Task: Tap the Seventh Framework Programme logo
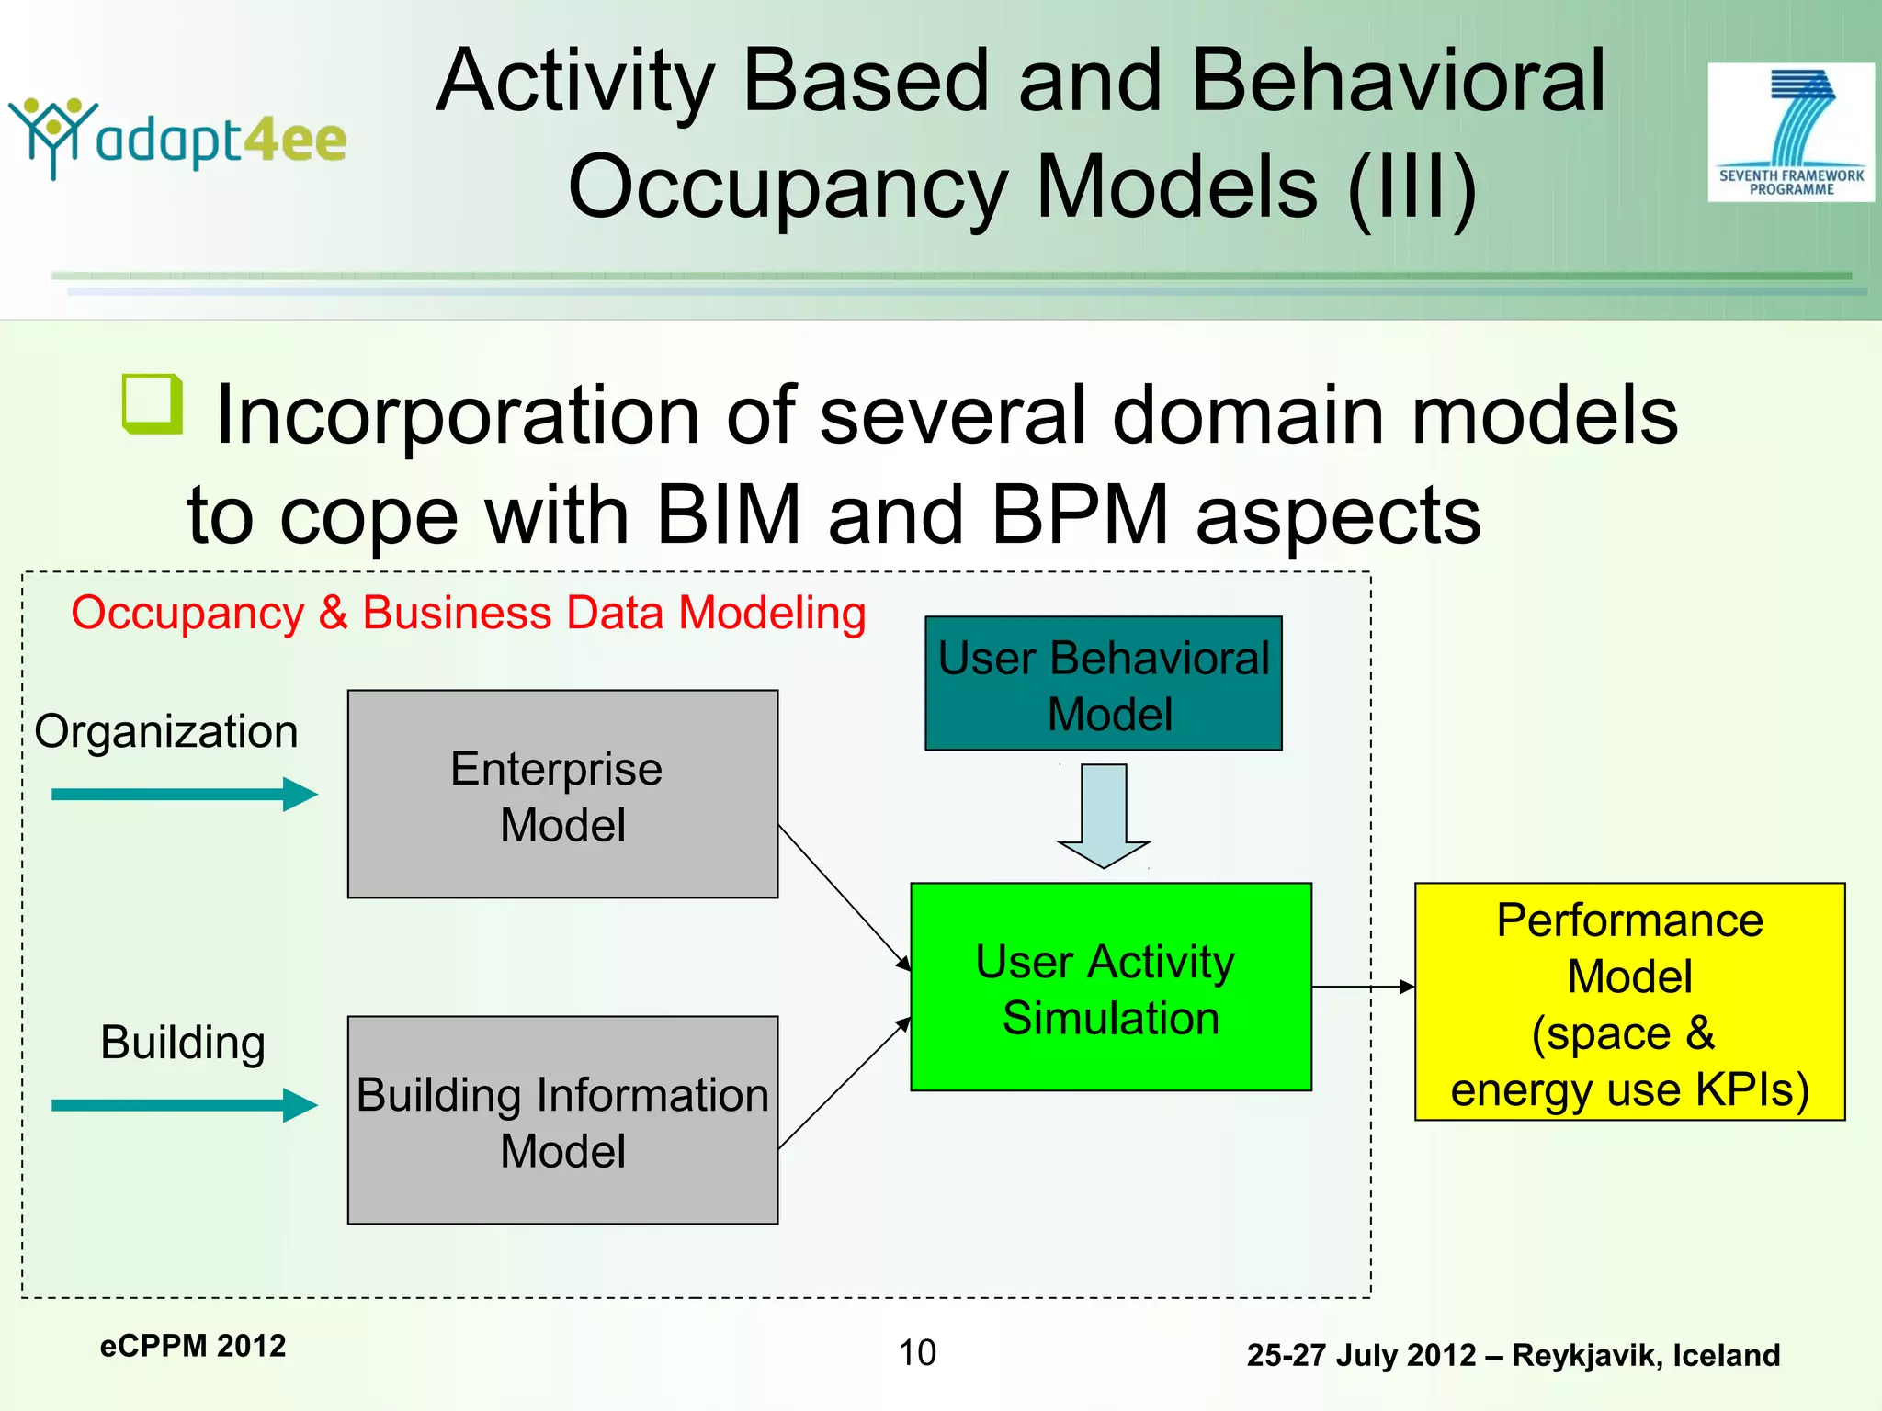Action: click(x=1790, y=132)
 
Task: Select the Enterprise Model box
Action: click(x=562, y=794)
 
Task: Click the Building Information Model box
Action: click(x=562, y=1120)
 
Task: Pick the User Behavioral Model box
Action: click(x=1103, y=683)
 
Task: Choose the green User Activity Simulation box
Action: click(x=1110, y=988)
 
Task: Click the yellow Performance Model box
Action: click(x=1629, y=1001)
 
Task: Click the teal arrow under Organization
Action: click(x=184, y=794)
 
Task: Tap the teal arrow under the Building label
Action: click(x=184, y=1105)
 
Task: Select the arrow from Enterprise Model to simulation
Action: click(x=844, y=897)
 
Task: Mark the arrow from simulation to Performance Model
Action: click(x=1363, y=987)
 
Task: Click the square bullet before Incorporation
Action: click(x=152, y=403)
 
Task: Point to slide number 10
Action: click(x=916, y=1352)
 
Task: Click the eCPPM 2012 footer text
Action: click(x=193, y=1346)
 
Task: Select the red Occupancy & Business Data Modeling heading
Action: click(x=469, y=613)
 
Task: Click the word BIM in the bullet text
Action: click(x=728, y=514)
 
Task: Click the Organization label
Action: click(x=166, y=732)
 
